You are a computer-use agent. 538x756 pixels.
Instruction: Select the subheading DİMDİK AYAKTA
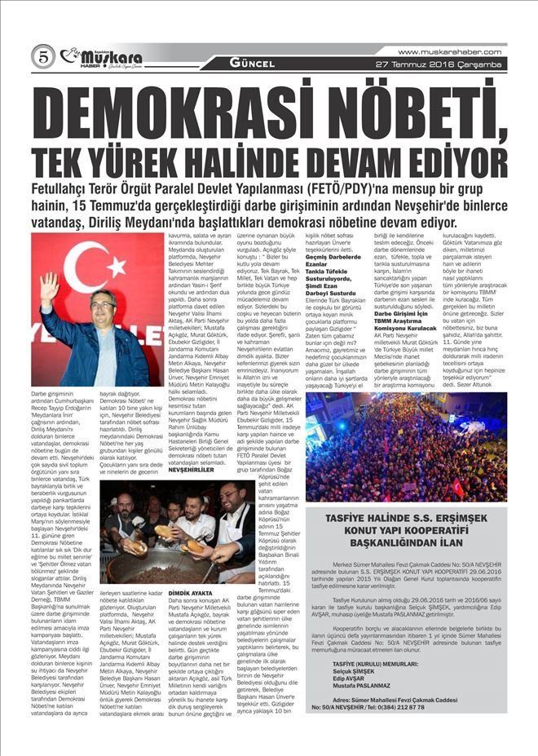click(x=190, y=593)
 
